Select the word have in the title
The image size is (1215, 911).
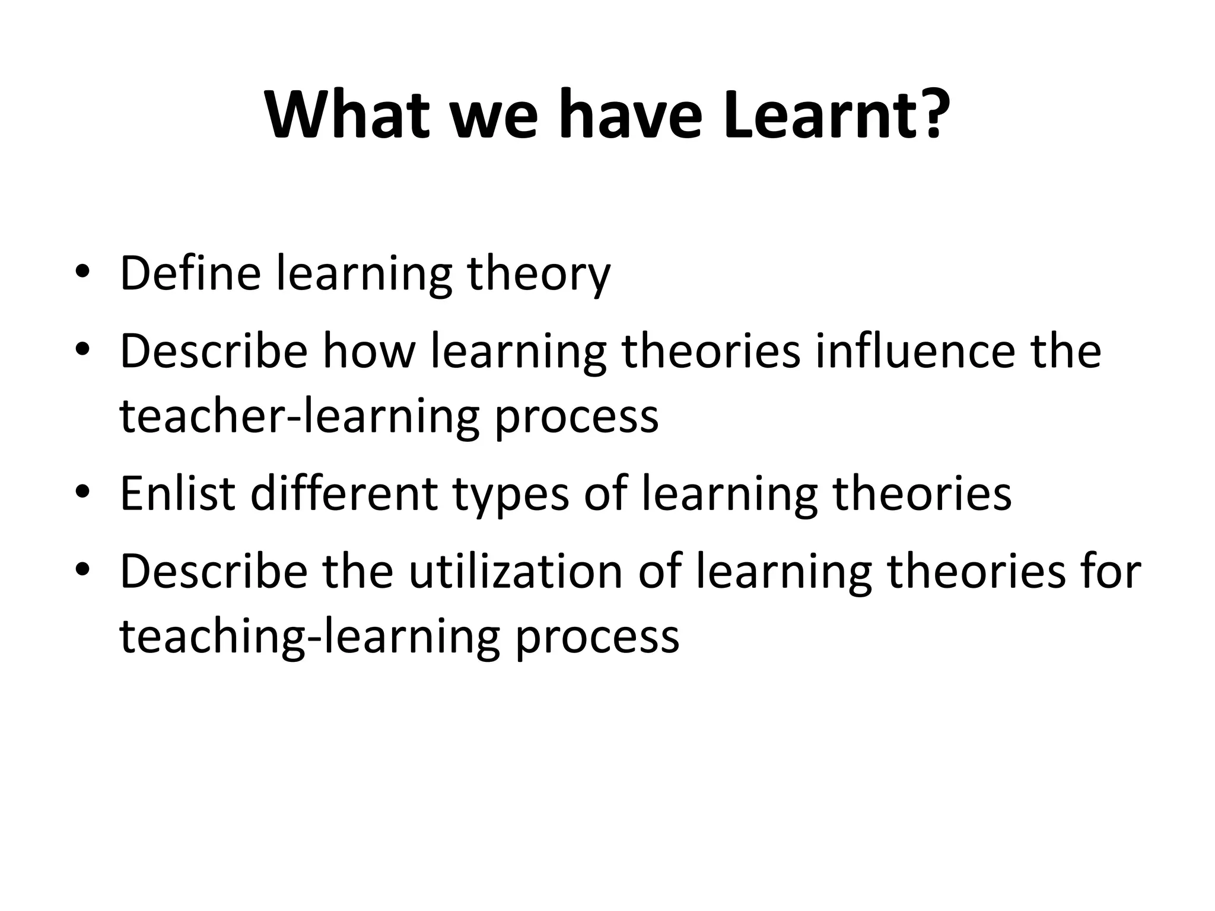631,114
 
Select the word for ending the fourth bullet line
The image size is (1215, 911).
1109,571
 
